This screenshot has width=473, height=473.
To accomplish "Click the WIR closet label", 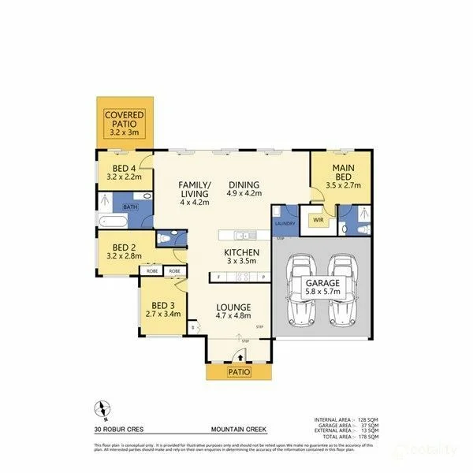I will pos(319,221).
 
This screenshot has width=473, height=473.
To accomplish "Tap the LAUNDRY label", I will pos(284,223).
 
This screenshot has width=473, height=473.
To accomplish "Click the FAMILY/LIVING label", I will pos(194,188).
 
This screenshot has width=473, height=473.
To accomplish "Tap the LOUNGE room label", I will pos(233,307).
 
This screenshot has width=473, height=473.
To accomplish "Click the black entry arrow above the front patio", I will pos(239,357).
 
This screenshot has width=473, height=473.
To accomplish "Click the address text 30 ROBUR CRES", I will pos(116,430).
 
